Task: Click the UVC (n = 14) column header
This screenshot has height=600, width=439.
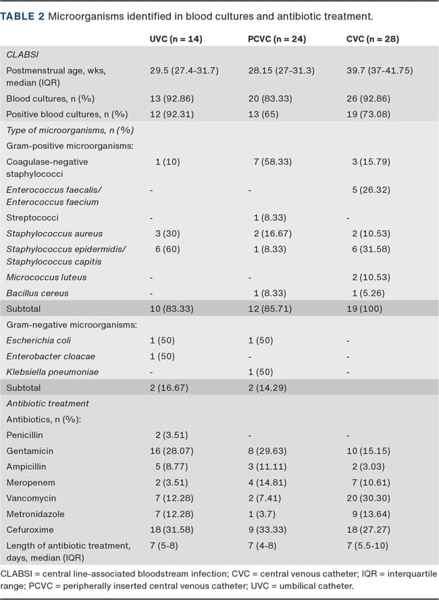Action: coord(176,38)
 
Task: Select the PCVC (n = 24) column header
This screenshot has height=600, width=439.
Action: coord(277,38)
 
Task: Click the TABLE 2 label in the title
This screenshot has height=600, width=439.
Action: coord(23,15)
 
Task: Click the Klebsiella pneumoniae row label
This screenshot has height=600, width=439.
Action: coord(47,371)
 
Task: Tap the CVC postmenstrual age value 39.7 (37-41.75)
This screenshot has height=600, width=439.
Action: coord(379,70)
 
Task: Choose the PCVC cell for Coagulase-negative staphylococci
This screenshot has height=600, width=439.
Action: coord(270,162)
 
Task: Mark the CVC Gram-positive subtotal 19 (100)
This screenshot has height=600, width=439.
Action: coord(365,309)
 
